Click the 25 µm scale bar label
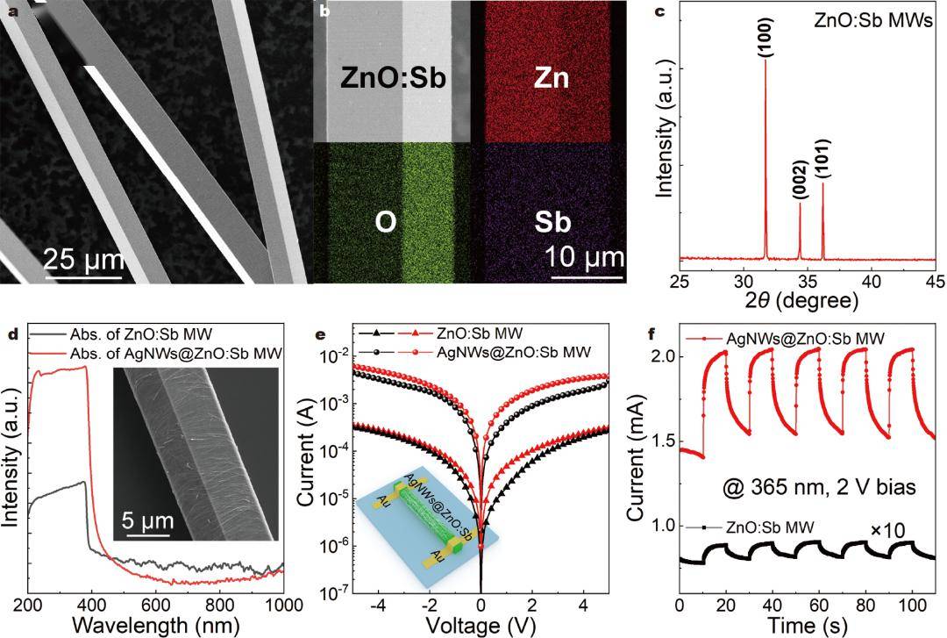(x=82, y=262)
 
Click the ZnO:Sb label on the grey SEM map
(x=394, y=79)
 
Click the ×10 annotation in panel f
(x=887, y=530)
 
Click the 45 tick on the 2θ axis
(x=935, y=281)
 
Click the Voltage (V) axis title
(x=481, y=626)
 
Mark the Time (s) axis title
(x=806, y=626)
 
